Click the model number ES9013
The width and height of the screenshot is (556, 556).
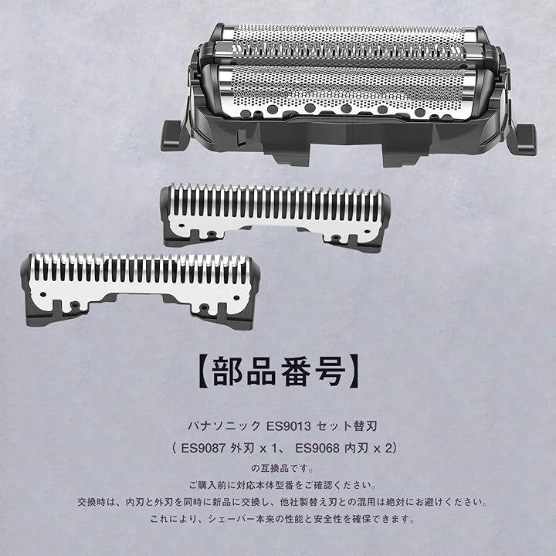tap(288, 425)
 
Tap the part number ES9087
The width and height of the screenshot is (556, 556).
tap(203, 448)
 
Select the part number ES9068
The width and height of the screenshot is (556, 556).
tap(317, 448)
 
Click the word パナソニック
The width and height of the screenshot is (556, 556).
tap(224, 425)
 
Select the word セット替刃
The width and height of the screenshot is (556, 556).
tap(347, 425)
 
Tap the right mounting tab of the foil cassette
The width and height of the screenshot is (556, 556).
tap(525, 139)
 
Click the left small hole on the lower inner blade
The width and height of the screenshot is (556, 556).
tap(43, 294)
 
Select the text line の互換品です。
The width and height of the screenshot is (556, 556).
tap(283, 468)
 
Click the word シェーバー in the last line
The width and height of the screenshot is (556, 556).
tap(231, 519)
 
